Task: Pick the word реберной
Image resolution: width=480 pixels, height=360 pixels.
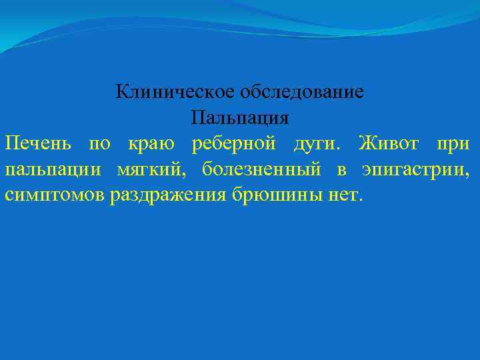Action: click(233, 143)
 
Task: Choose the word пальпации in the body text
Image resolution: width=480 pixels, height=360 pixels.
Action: click(53, 170)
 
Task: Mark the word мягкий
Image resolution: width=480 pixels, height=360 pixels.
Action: click(152, 170)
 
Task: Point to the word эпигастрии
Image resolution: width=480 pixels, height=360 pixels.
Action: click(414, 170)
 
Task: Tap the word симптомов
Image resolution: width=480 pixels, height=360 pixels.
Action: click(52, 196)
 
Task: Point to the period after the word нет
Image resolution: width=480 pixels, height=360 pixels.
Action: click(361, 201)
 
